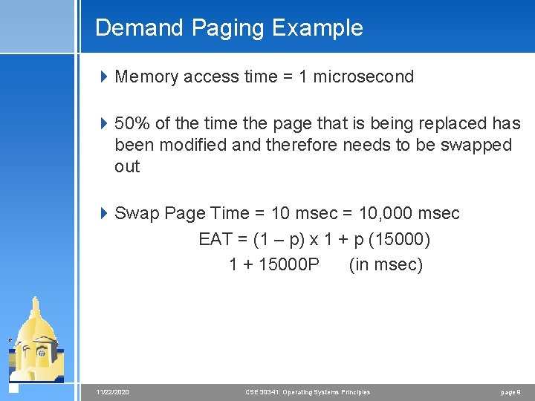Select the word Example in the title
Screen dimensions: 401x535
pyautogui.click(x=317, y=28)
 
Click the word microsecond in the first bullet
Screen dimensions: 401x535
pyautogui.click(x=363, y=76)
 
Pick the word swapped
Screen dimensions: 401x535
pyautogui.click(x=476, y=145)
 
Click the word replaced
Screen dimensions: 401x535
pyautogui.click(x=452, y=123)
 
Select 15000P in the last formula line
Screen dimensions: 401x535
pyautogui.click(x=289, y=265)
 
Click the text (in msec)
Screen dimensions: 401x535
pyautogui.click(x=386, y=265)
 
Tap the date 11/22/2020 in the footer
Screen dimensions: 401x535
pyautogui.click(x=113, y=392)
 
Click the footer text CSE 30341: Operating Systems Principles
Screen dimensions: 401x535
pyautogui.click(x=308, y=392)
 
